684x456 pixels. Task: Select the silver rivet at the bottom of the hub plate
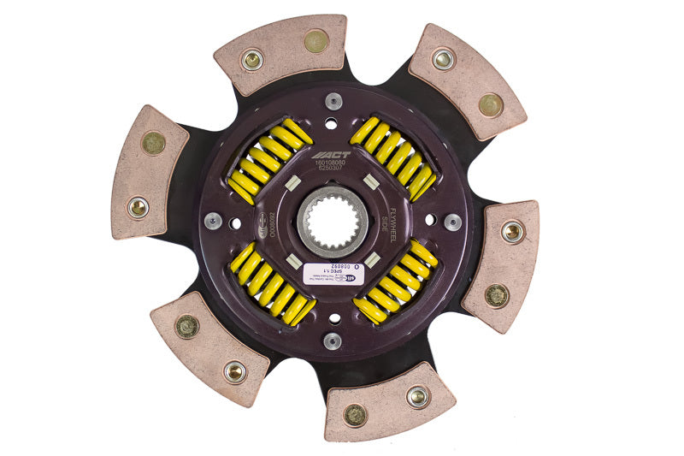coord(333,341)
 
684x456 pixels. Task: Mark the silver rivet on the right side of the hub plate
coord(452,221)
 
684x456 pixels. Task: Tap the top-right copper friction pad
coord(467,81)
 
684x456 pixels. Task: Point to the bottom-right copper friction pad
coord(389,402)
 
